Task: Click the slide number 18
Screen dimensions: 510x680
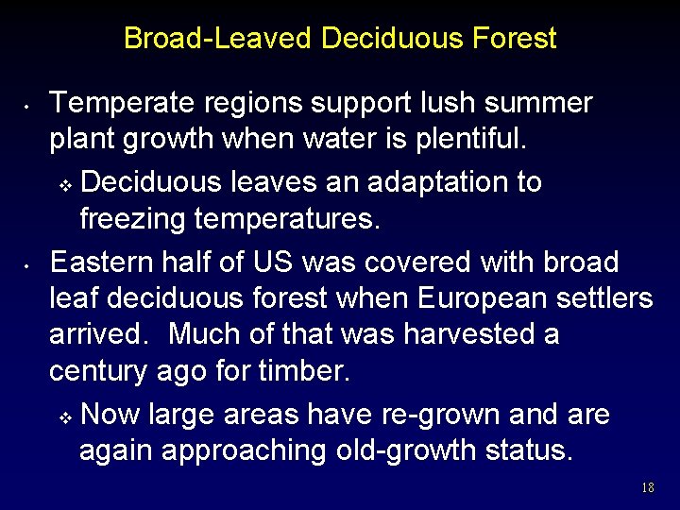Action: [647, 488]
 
